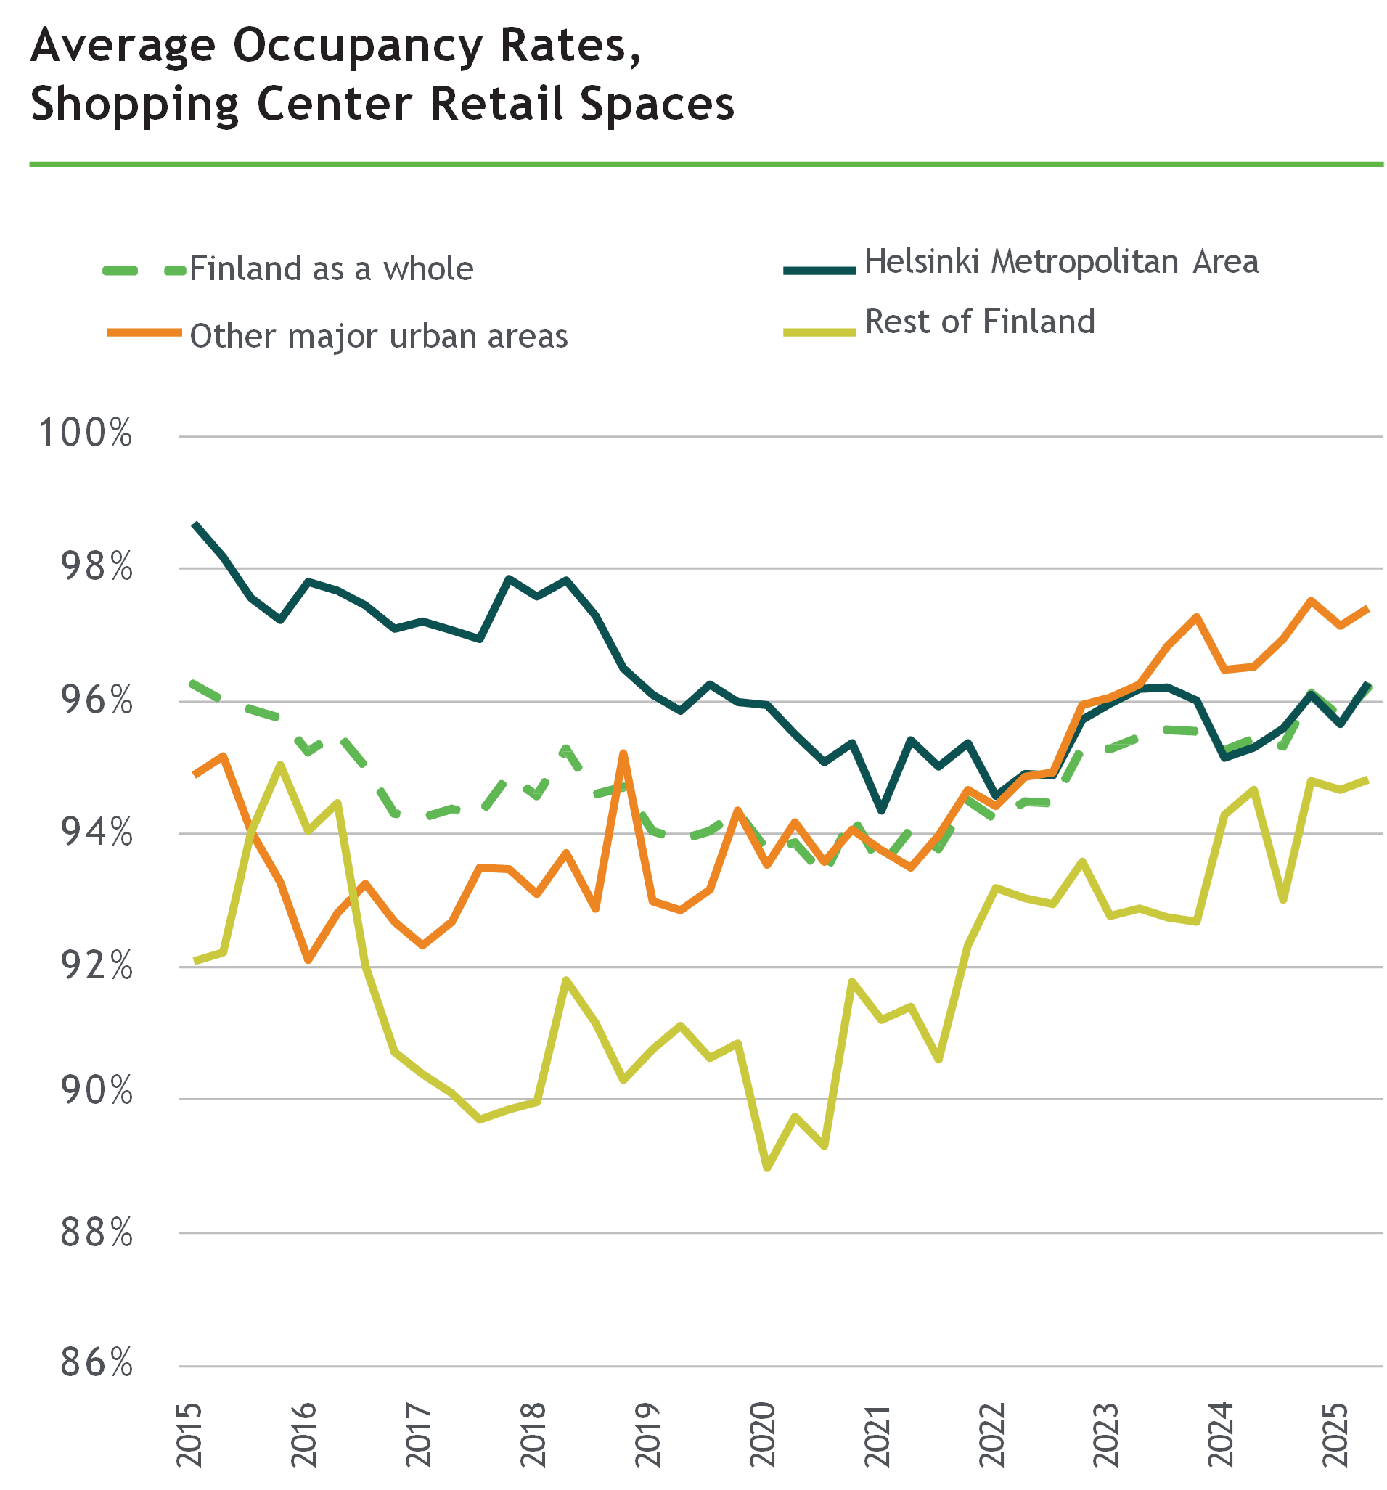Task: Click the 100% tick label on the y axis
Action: [85, 433]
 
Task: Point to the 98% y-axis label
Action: [96, 566]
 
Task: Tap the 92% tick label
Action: [96, 965]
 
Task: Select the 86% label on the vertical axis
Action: [96, 1362]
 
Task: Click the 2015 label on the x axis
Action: [189, 1435]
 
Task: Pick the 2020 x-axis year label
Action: [764, 1435]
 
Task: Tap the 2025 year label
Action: [1337, 1435]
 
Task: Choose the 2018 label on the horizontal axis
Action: [533, 1435]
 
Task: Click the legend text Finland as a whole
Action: [332, 269]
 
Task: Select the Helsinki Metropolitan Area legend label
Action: [1061, 261]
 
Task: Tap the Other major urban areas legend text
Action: [379, 336]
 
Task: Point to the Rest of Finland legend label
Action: [979, 322]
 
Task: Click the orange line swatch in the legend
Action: [144, 332]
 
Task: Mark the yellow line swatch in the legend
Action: [819, 331]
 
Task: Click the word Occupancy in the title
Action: [358, 46]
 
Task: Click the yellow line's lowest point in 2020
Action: [767, 1168]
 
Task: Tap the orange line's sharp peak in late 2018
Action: [623, 753]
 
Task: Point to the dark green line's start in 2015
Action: [195, 524]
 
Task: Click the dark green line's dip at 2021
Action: [882, 810]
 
